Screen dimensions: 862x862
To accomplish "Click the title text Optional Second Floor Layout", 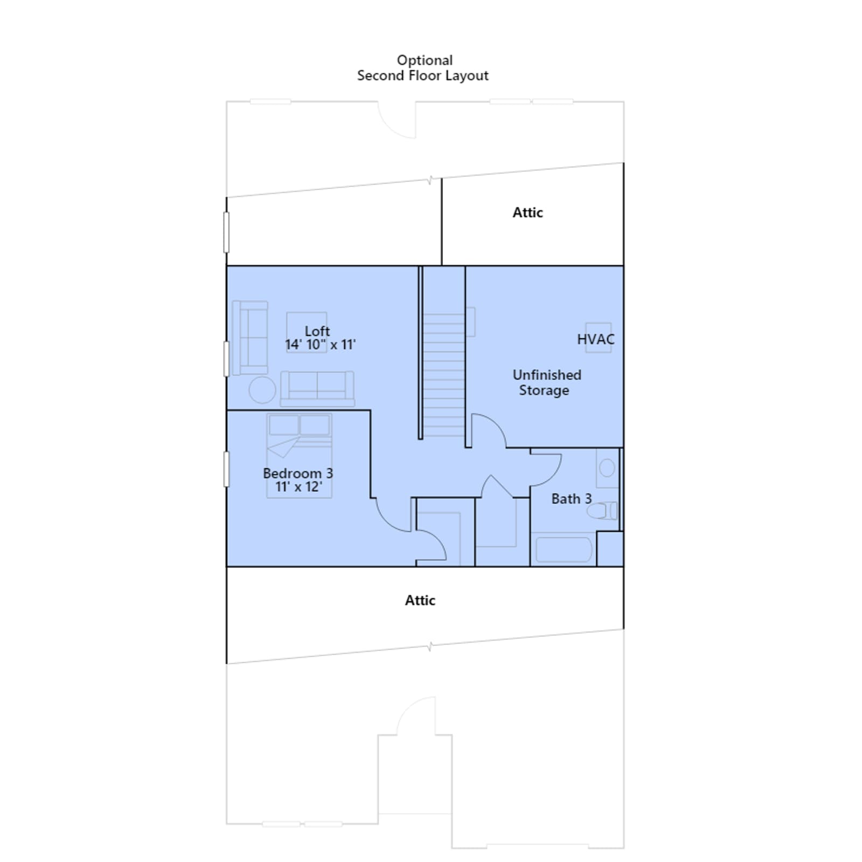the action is pos(423,68).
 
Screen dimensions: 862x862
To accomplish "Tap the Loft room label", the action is pos(317,331).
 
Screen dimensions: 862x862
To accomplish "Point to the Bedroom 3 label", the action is pos(298,473).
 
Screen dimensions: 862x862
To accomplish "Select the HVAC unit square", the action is pos(599,338).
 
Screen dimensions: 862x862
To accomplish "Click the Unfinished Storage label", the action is pos(546,383).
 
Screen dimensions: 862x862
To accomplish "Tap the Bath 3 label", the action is pos(571,499).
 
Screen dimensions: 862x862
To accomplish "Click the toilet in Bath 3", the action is pos(602,510).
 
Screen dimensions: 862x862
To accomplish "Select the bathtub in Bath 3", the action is pos(564,550).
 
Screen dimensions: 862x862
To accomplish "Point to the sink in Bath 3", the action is pos(607,468).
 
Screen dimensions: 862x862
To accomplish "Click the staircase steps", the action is pos(444,375).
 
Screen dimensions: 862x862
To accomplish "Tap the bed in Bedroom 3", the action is pos(299,456).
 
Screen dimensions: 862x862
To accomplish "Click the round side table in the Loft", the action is pos(262,390).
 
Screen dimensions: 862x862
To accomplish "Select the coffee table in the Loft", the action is pos(307,332).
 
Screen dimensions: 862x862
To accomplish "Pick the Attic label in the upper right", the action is pos(527,212).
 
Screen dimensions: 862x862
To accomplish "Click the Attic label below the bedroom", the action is pos(420,600).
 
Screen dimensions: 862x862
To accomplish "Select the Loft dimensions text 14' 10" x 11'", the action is pos(321,345).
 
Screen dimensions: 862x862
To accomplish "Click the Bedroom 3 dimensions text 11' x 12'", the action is pos(298,487).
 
